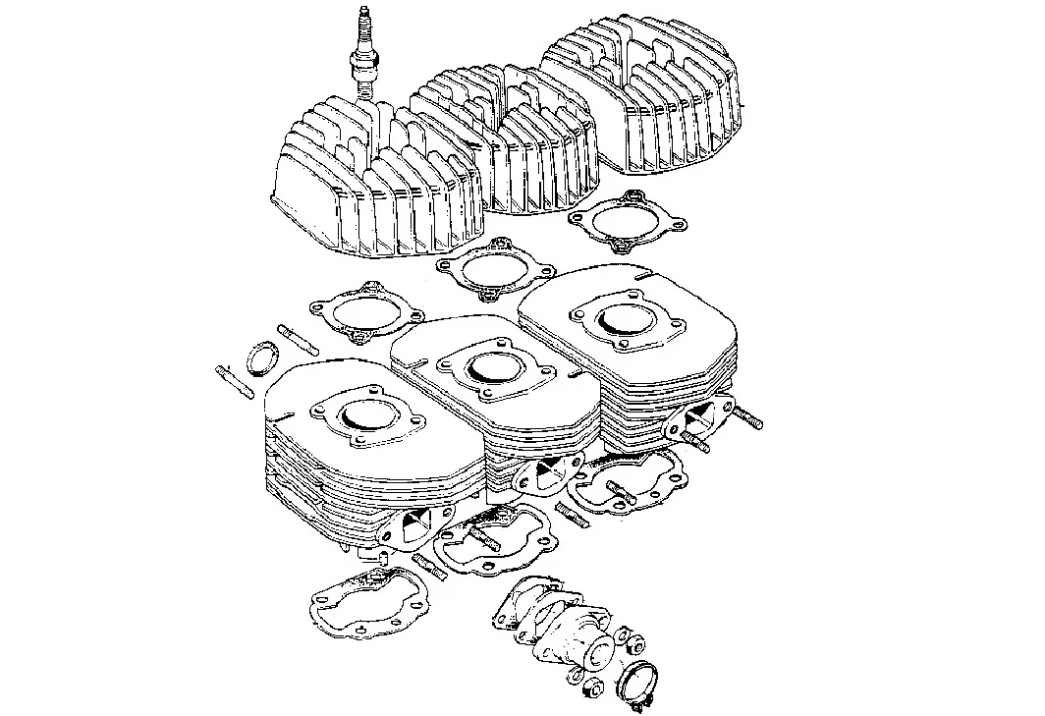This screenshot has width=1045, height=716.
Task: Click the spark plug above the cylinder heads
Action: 364,54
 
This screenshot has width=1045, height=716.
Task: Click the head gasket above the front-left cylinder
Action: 363,314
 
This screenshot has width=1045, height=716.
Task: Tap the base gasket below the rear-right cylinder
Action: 630,486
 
